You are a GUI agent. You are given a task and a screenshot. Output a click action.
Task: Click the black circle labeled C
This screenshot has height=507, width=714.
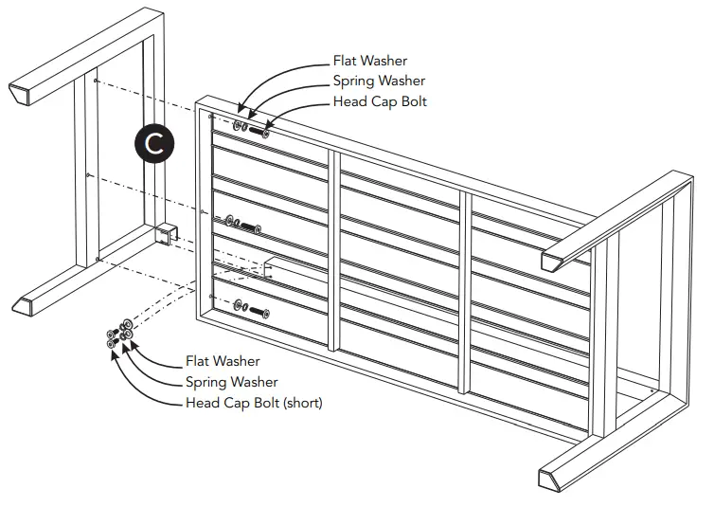click(154, 143)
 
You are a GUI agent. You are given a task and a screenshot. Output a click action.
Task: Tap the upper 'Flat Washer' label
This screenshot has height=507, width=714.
click(369, 62)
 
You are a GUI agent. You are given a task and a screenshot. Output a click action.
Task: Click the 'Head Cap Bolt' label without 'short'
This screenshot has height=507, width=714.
click(380, 101)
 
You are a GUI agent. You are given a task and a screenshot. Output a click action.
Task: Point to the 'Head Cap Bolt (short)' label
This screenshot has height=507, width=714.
click(253, 403)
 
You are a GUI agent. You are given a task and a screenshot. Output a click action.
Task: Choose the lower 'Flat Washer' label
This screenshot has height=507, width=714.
click(222, 361)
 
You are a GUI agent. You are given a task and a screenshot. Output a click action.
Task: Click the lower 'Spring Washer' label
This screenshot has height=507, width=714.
click(231, 382)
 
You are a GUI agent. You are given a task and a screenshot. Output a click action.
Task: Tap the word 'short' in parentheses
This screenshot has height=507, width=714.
click(302, 403)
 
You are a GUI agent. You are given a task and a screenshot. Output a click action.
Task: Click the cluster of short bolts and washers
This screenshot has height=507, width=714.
click(119, 336)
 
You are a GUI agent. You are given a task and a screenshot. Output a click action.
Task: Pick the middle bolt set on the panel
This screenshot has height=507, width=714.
click(244, 226)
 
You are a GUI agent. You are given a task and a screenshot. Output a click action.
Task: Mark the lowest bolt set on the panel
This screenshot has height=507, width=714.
click(251, 309)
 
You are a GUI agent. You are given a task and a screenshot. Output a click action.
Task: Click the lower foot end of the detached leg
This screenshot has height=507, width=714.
click(27, 304)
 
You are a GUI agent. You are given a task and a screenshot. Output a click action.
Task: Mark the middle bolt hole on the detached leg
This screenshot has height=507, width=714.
click(87, 174)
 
